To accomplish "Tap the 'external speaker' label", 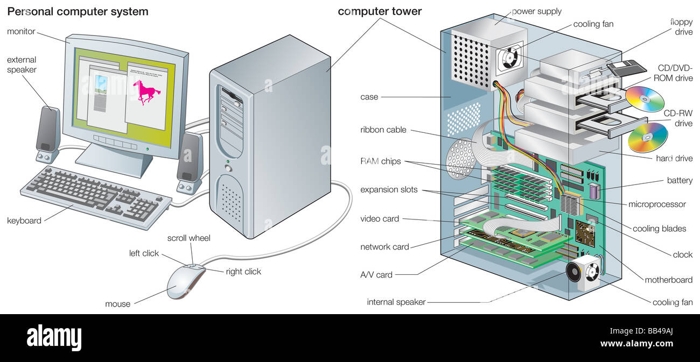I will tap(22, 65).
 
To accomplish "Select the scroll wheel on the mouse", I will tap(193, 265).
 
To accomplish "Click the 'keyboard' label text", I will tap(24, 221).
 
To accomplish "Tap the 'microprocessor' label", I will tap(657, 204).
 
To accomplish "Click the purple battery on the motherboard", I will tap(594, 191).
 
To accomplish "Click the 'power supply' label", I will tap(536, 11).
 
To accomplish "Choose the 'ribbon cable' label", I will tap(383, 130).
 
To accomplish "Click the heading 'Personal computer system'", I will tap(78, 11).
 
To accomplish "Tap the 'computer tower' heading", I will tap(380, 11).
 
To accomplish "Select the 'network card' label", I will tap(384, 247).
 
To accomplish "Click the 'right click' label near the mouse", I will tap(243, 272).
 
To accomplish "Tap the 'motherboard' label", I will tap(669, 280).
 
